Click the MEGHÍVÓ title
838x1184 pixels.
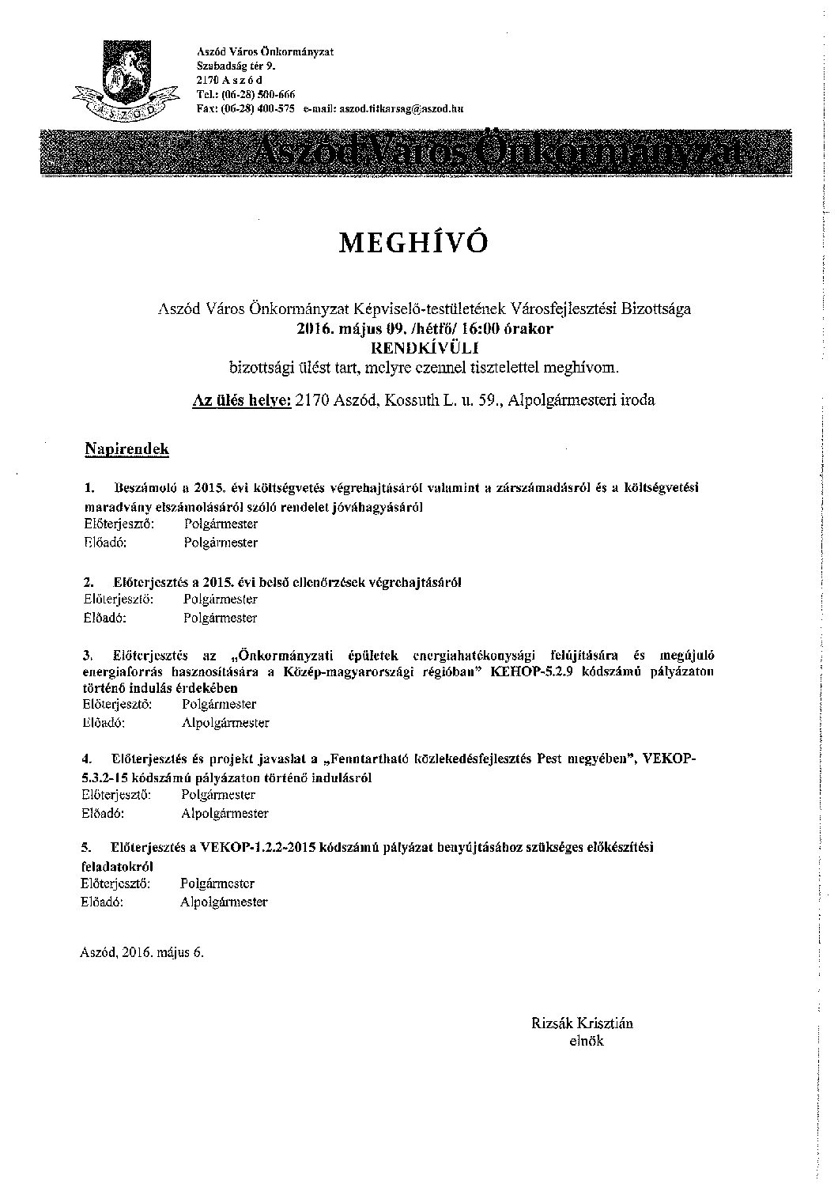click(413, 243)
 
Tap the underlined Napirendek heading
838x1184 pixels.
click(126, 449)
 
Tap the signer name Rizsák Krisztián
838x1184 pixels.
click(583, 1023)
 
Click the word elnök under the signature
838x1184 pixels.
click(586, 1041)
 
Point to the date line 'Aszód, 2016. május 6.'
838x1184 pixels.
click(142, 952)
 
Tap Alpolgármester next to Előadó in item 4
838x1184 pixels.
click(225, 813)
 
